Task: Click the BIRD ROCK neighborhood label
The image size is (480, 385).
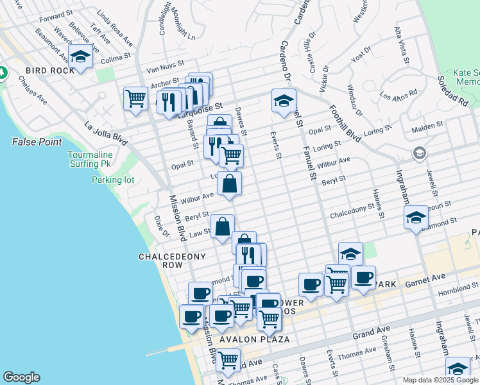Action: (x=50, y=71)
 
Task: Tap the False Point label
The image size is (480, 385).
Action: (x=37, y=142)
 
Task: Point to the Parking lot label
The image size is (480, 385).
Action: (x=113, y=180)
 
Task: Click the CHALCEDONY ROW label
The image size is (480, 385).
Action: (x=173, y=261)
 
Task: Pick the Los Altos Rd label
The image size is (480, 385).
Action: (x=399, y=95)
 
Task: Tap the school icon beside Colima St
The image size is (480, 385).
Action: (x=80, y=57)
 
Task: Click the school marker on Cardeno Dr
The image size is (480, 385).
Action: (x=284, y=100)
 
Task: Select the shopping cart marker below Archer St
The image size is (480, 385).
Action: (x=135, y=99)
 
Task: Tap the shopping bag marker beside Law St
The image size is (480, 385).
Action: (x=222, y=227)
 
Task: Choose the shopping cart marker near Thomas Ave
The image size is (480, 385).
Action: (x=228, y=361)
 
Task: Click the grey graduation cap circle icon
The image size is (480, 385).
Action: (x=419, y=153)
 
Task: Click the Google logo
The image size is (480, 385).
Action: (x=21, y=377)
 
